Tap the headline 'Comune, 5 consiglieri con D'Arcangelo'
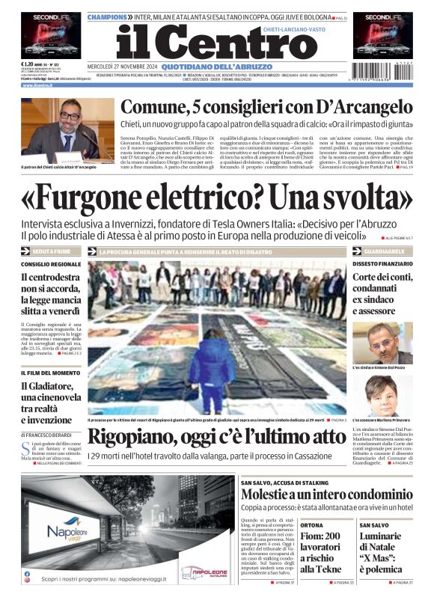pyautogui.click(x=266, y=107)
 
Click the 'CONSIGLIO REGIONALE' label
pyautogui.click(x=51, y=264)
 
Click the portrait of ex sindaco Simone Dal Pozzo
pyautogui.click(x=382, y=343)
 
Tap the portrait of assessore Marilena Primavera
pyautogui.click(x=382, y=395)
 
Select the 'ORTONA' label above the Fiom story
pyautogui.click(x=311, y=525)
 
